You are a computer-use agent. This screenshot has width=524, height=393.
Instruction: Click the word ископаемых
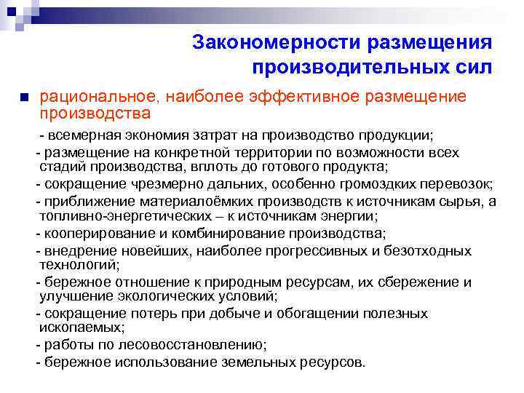(82, 327)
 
